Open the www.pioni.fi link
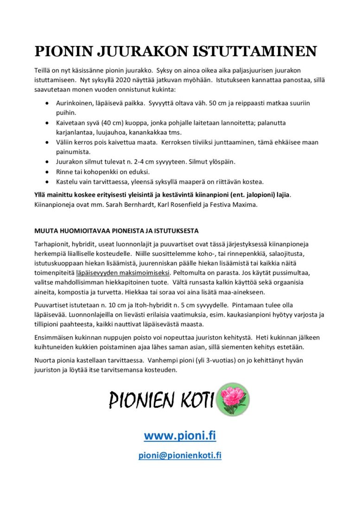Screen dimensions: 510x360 pyautogui.click(x=180, y=436)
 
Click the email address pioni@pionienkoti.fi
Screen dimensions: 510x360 pyautogui.click(x=180, y=455)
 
